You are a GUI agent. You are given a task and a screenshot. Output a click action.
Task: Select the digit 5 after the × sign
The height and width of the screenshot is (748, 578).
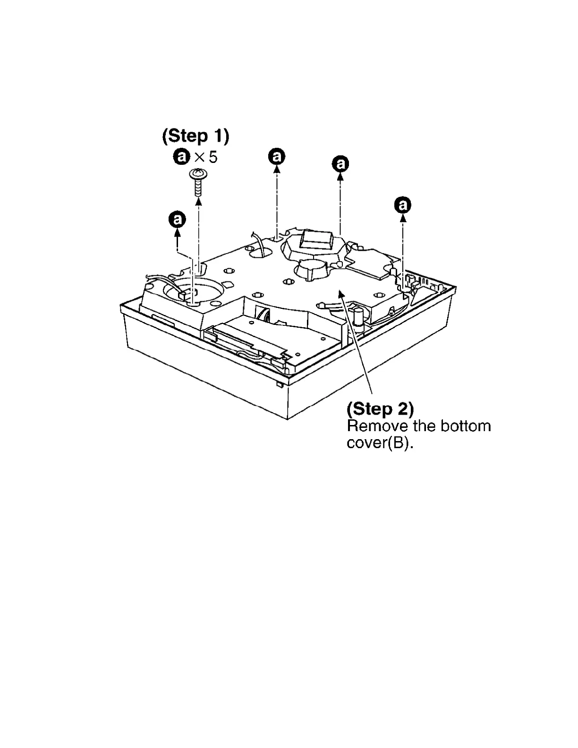tap(213, 157)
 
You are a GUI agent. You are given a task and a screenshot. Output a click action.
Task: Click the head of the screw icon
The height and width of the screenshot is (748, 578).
tap(198, 174)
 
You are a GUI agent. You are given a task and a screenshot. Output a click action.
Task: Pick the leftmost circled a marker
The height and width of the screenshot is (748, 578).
tap(177, 220)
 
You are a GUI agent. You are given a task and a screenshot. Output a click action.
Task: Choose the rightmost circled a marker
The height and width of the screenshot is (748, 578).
tap(403, 205)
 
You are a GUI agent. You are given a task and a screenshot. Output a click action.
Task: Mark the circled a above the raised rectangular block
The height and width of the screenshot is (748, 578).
tap(340, 164)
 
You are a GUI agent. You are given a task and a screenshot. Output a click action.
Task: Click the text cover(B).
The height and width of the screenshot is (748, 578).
tap(380, 444)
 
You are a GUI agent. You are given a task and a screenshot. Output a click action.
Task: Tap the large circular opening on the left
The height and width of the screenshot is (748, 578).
tap(194, 289)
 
